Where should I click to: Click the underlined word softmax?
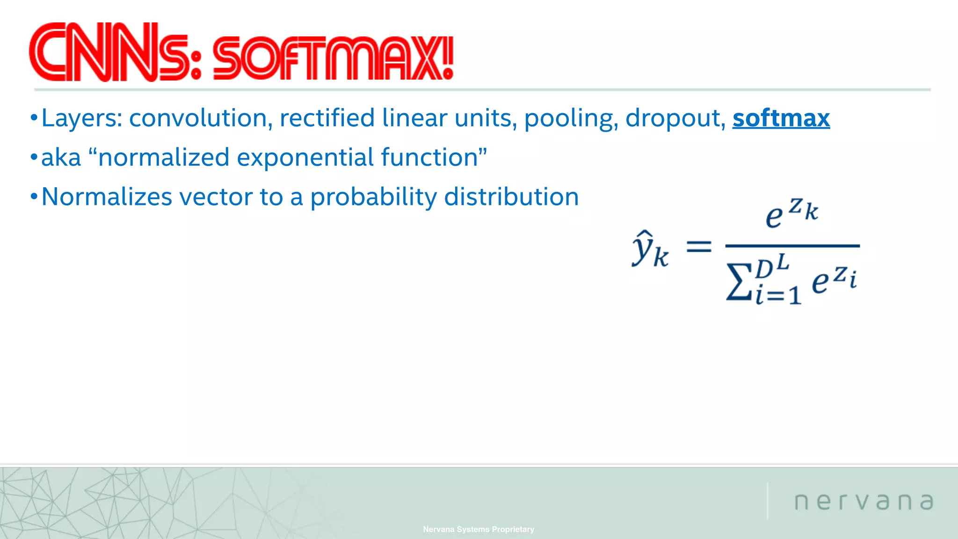coord(781,118)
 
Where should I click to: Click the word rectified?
coord(327,118)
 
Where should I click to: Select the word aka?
coord(61,158)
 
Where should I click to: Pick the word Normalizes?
coord(107,197)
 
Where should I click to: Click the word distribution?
coord(511,197)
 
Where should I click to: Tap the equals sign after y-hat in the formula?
coord(698,247)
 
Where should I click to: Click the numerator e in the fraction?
coord(774,217)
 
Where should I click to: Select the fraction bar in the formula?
coord(792,246)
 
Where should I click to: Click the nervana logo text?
coord(864,502)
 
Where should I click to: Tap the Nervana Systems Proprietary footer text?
coord(479,529)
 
